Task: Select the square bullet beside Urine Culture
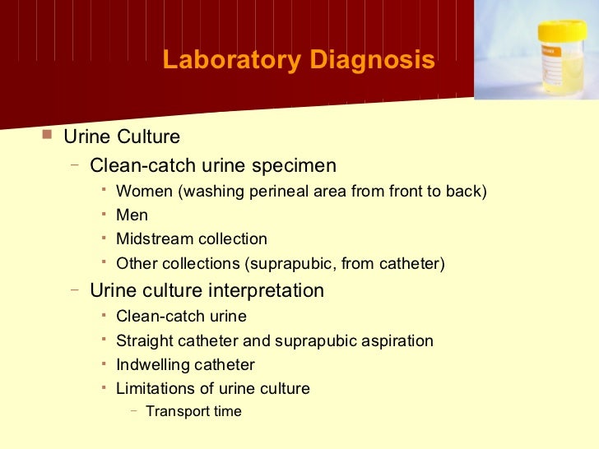click(x=46, y=134)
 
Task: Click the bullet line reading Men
click(x=132, y=215)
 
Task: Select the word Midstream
click(x=152, y=239)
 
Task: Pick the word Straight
click(x=144, y=340)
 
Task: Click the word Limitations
click(x=155, y=388)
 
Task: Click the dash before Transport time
click(x=134, y=410)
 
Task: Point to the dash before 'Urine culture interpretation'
click(x=75, y=289)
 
